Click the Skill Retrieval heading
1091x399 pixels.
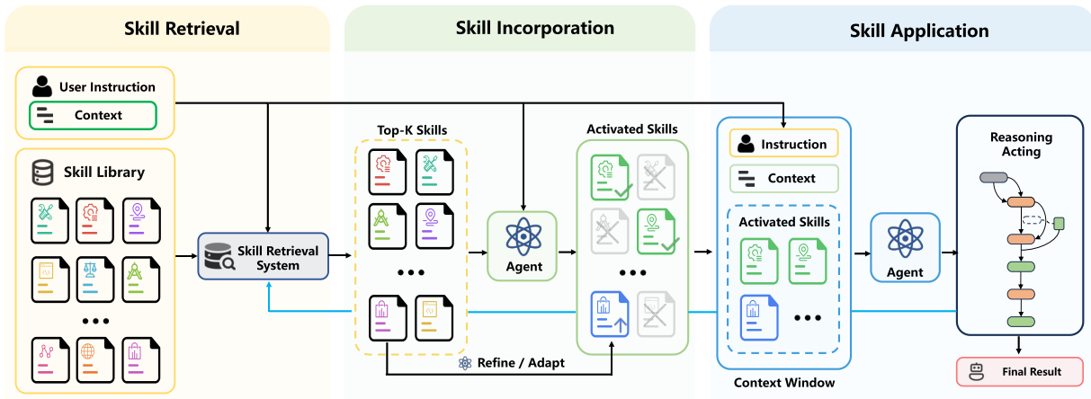(x=182, y=29)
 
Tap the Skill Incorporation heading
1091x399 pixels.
(x=535, y=28)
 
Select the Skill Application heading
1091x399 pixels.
(x=919, y=31)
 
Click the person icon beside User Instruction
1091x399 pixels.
(x=42, y=86)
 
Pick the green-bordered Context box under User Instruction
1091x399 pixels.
(x=93, y=115)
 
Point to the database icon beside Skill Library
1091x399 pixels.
(x=42, y=173)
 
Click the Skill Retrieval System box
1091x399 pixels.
(x=263, y=256)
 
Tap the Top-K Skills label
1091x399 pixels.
(x=412, y=130)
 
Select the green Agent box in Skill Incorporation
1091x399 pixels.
(x=523, y=246)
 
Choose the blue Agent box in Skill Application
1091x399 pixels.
(x=905, y=248)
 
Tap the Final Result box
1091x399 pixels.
(x=1020, y=372)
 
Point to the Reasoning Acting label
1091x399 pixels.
(x=1021, y=145)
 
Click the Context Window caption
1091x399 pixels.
(x=784, y=383)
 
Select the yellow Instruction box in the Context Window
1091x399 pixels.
(x=783, y=144)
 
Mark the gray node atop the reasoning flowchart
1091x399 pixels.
(x=994, y=178)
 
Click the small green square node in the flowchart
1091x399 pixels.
(x=1059, y=224)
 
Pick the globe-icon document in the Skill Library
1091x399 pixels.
(x=95, y=360)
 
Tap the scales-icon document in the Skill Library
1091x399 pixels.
(x=95, y=279)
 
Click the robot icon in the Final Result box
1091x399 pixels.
(x=977, y=372)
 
